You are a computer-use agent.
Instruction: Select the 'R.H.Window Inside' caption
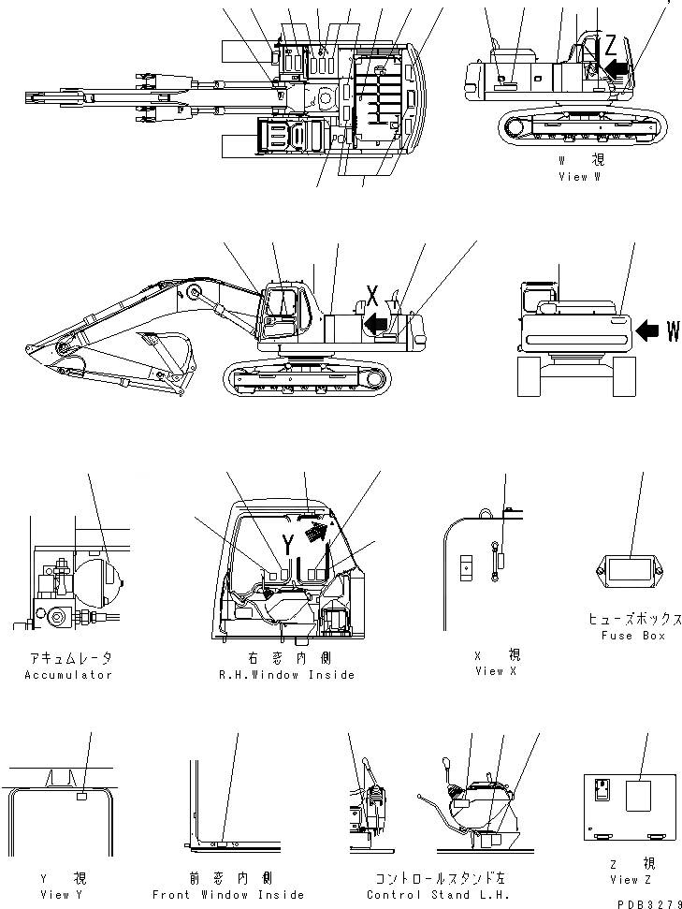[285, 675]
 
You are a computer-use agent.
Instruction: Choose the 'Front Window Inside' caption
[225, 894]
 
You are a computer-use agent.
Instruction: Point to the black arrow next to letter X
[376, 323]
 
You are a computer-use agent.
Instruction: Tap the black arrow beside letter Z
[617, 66]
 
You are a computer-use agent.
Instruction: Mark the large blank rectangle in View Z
[640, 797]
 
